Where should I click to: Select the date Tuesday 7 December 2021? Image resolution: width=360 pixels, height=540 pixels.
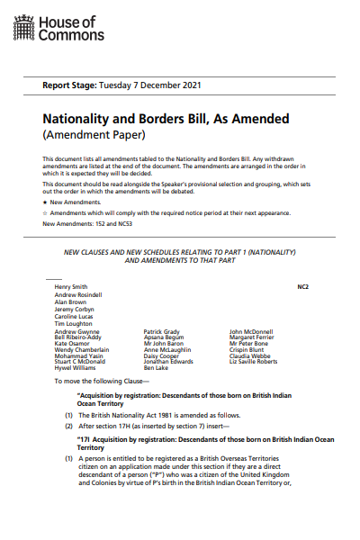tap(156, 85)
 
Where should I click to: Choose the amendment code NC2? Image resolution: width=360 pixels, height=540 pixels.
tap(302, 286)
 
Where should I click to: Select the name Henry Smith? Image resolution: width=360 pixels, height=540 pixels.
tap(71, 286)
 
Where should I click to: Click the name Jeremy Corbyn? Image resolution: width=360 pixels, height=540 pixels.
tap(75, 310)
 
